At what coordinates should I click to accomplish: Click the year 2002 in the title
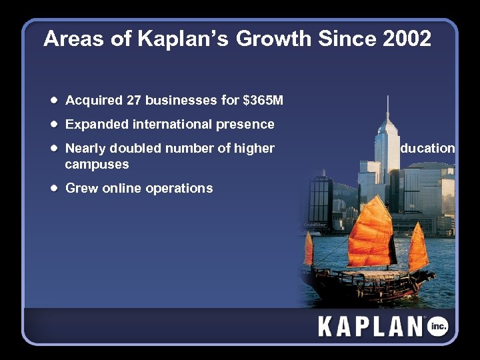(407, 39)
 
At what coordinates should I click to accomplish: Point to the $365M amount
(263, 101)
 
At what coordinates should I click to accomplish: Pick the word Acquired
(93, 101)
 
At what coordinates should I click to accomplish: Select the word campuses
(97, 164)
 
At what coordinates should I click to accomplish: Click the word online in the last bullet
(122, 189)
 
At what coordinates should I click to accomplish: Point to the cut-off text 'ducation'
(427, 149)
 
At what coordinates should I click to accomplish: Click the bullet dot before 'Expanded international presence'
(53, 125)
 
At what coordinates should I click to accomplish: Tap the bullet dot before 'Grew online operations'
(53, 189)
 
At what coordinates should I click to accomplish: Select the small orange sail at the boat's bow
(309, 249)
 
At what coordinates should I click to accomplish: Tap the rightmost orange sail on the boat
(418, 248)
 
